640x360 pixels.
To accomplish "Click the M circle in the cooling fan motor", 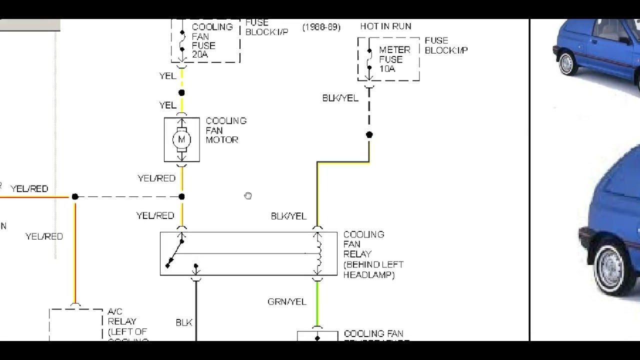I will coord(181,139).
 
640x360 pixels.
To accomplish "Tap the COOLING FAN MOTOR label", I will coord(226,130).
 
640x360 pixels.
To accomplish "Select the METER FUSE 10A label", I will coord(394,59).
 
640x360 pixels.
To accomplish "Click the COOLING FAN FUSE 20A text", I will coord(211,41).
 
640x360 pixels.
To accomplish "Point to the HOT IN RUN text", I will coord(385,26).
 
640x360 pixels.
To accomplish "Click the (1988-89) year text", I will coord(321,27).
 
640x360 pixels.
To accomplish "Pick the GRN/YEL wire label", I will coord(287,301).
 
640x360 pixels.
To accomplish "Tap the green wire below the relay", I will coord(317,305).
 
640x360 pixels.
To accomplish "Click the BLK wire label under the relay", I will coord(184,322).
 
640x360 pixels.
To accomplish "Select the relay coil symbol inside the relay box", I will coord(318,253).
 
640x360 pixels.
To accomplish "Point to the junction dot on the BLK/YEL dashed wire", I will coord(369,134).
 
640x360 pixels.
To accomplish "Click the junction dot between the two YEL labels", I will coord(181,92).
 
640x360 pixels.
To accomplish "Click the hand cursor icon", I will coord(248,195).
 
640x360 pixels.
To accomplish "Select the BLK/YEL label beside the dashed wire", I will coord(340,98).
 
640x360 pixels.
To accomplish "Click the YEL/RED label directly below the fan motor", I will coord(156,178).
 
